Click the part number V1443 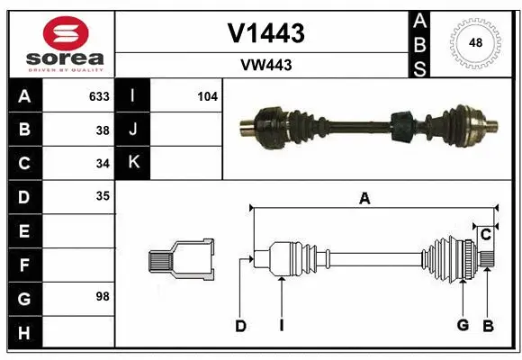pyautogui.click(x=265, y=33)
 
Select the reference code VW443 pyautogui.click(x=265, y=65)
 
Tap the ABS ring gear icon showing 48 pyautogui.click(x=473, y=42)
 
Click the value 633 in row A pyautogui.click(x=99, y=96)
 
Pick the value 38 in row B pyautogui.click(x=103, y=130)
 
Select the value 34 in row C pyautogui.click(x=103, y=163)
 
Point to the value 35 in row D pyautogui.click(x=103, y=195)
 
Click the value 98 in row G pyautogui.click(x=103, y=296)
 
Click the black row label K pyautogui.click(x=133, y=163)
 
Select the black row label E pyautogui.click(x=23, y=231)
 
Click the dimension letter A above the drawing pyautogui.click(x=364, y=200)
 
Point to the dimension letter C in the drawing pyautogui.click(x=485, y=235)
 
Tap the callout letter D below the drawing pyautogui.click(x=240, y=326)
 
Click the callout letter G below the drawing pyautogui.click(x=463, y=326)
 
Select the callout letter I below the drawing pyautogui.click(x=281, y=326)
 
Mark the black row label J pyautogui.click(x=133, y=130)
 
